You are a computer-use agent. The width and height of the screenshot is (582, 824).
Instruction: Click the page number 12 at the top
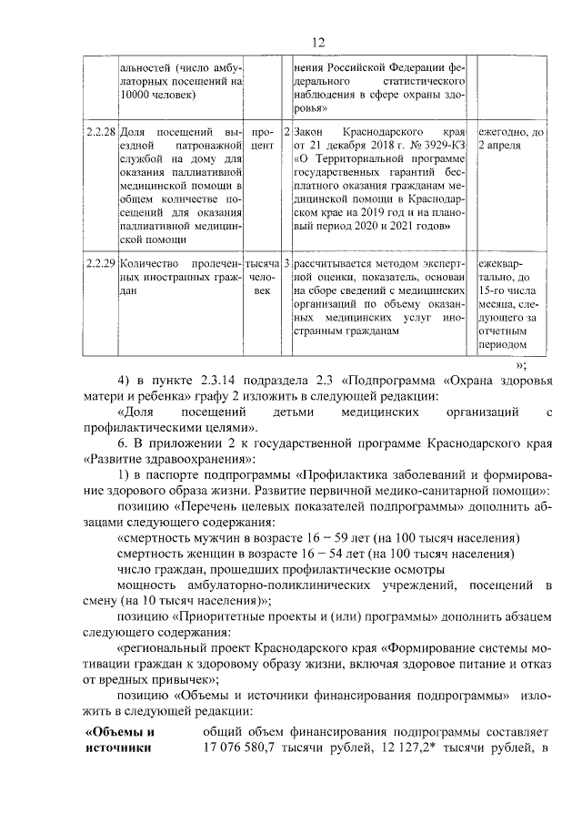318,43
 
